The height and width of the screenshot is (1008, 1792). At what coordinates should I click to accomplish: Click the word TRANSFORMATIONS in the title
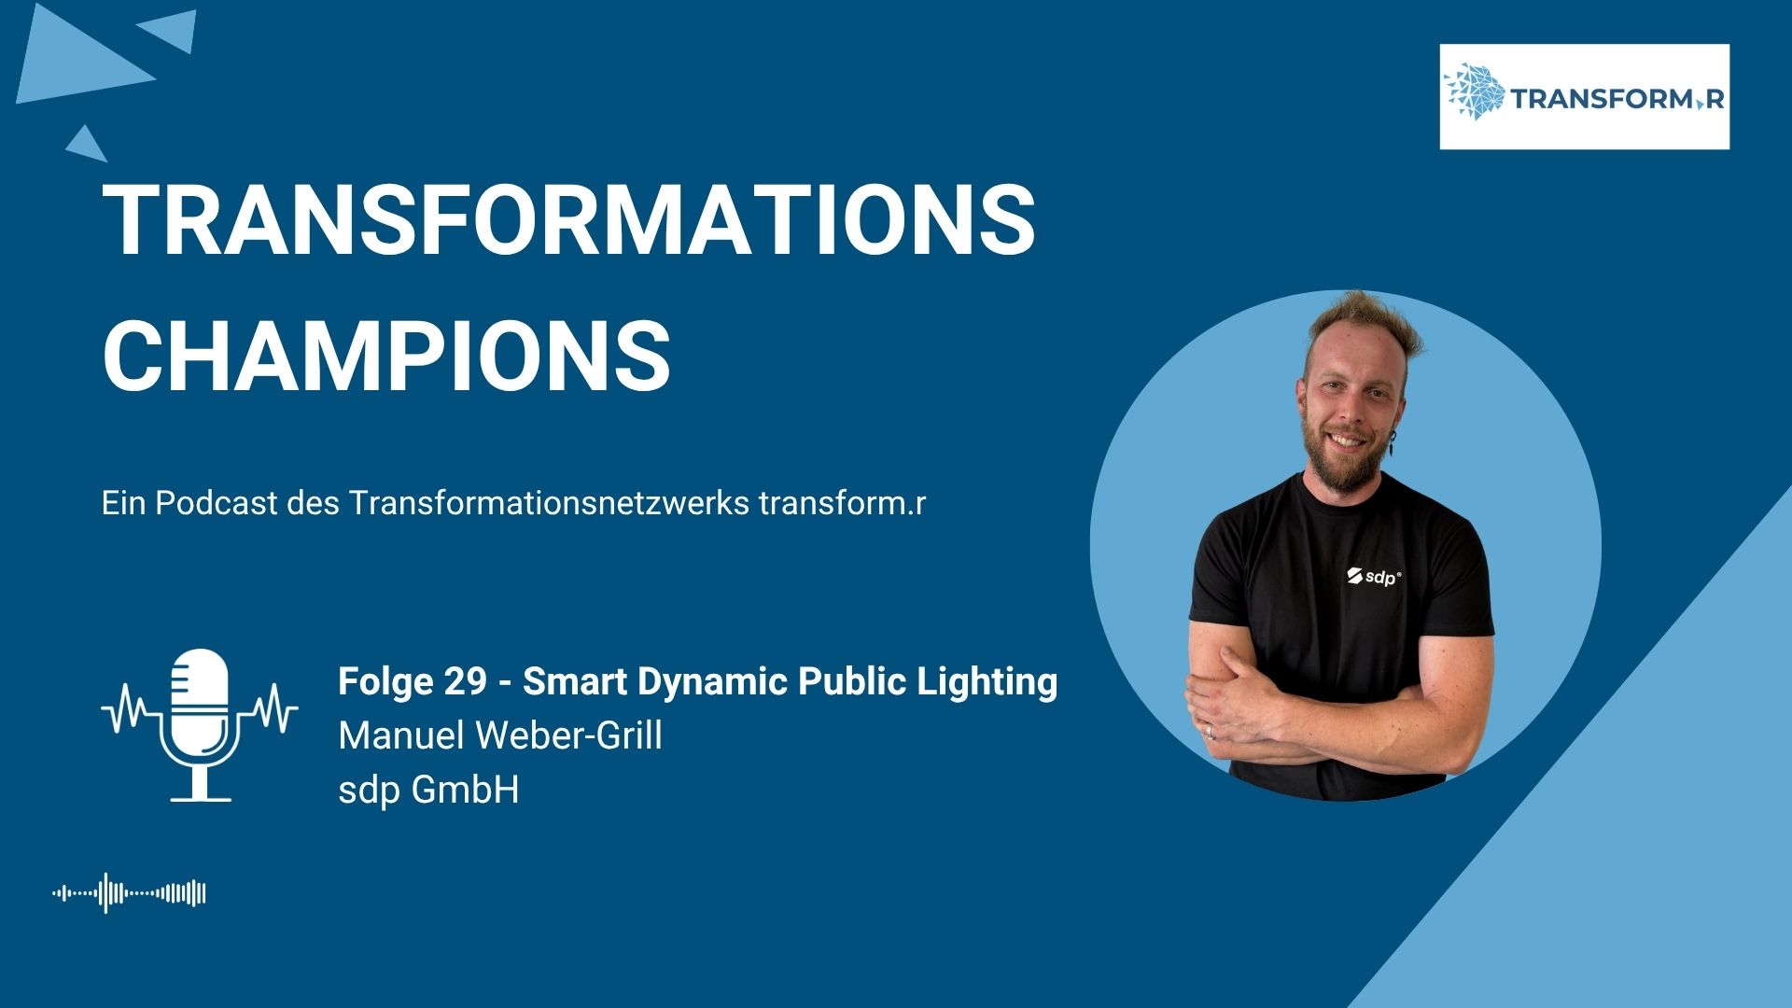pyautogui.click(x=568, y=219)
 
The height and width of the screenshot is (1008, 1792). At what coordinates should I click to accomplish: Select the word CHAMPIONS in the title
pyautogui.click(x=386, y=356)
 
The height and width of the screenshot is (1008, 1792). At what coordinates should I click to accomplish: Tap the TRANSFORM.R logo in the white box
pyautogui.click(x=1584, y=96)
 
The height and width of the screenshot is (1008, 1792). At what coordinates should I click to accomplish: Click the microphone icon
pyautogui.click(x=200, y=725)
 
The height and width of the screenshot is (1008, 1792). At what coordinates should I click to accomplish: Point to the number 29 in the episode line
pyautogui.click(x=465, y=681)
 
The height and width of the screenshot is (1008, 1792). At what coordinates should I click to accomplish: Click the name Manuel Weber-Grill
pyautogui.click(x=500, y=735)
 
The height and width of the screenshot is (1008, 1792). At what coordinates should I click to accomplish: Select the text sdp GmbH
pyautogui.click(x=428, y=791)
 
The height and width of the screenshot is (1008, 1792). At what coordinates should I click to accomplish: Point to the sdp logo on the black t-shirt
pyautogui.click(x=1373, y=576)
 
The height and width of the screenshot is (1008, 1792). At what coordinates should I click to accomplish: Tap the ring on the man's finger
pyautogui.click(x=1211, y=731)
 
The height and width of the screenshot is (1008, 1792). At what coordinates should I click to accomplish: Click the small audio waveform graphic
pyautogui.click(x=129, y=893)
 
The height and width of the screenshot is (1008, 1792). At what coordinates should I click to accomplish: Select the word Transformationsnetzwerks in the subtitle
pyautogui.click(x=550, y=503)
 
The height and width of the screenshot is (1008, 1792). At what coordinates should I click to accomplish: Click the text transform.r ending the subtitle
pyautogui.click(x=842, y=503)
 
